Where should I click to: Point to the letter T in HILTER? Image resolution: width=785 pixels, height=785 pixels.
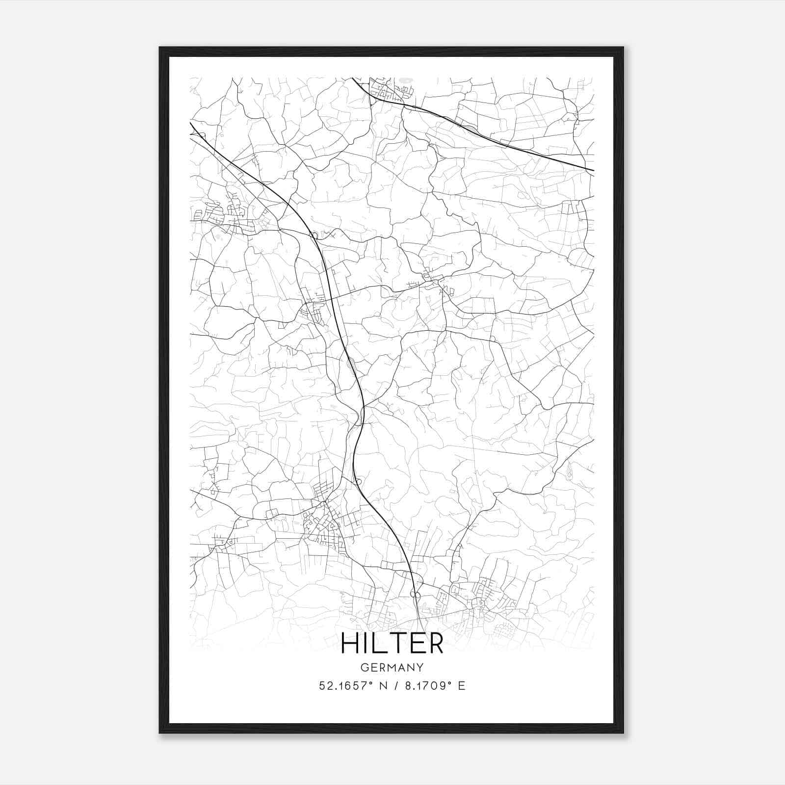click(395, 643)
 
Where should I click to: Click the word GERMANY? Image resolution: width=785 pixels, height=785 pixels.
click(392, 668)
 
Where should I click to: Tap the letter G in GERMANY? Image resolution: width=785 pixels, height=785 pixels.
click(364, 668)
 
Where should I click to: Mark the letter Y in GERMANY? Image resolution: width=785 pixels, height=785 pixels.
click(420, 668)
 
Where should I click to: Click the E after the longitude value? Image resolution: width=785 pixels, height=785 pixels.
click(461, 686)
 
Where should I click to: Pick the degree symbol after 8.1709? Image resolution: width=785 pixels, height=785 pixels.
click(449, 682)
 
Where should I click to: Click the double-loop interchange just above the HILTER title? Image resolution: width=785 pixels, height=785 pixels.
click(415, 595)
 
